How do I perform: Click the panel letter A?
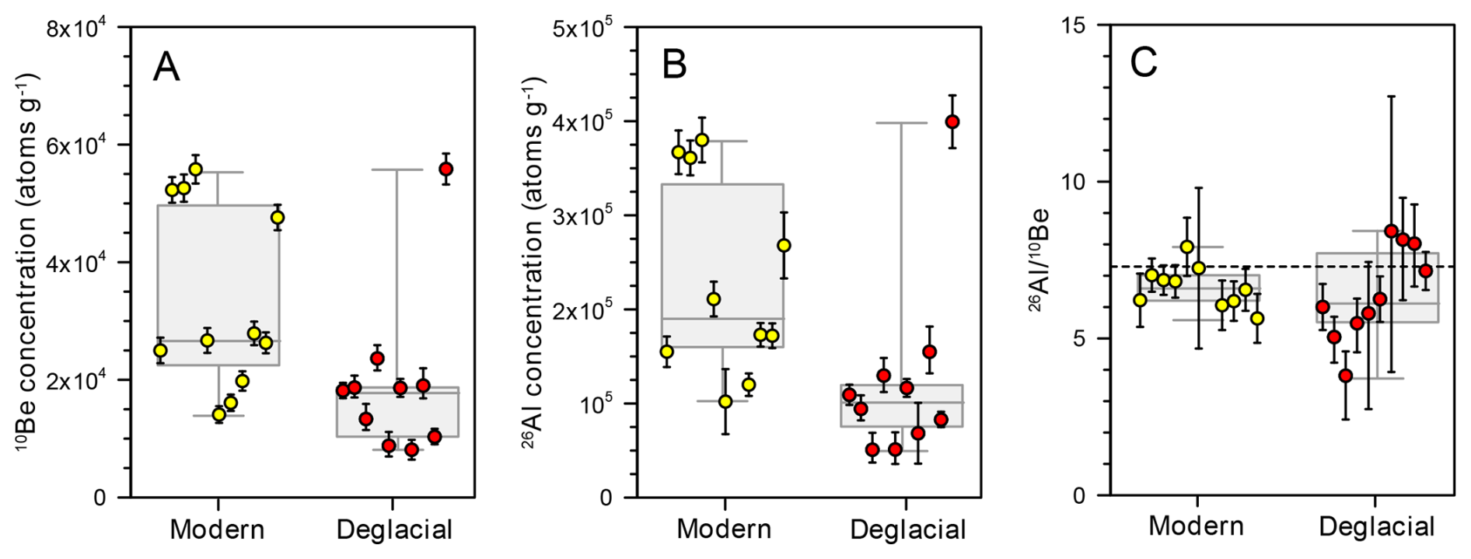(166, 67)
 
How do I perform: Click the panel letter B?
(674, 65)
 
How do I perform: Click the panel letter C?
(1144, 63)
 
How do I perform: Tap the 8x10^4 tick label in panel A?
(82, 29)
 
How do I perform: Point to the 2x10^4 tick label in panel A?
(82, 381)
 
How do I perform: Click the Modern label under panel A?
(217, 529)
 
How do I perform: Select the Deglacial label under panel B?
(908, 529)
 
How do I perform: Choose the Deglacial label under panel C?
(1377, 527)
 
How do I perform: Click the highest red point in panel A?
(445, 169)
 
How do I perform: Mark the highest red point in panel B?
(952, 122)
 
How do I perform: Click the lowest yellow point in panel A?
(219, 414)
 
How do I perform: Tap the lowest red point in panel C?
(1346, 376)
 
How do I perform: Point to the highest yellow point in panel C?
(1186, 247)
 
